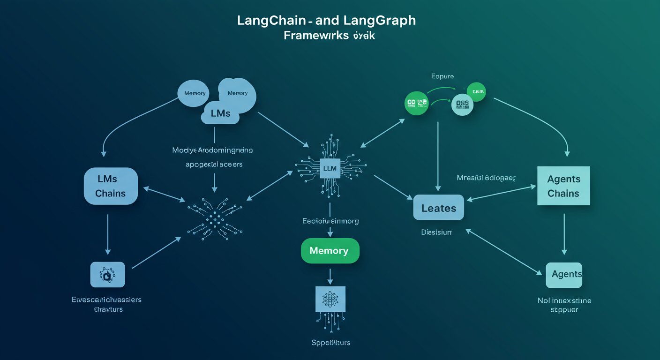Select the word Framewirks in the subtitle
(316, 36)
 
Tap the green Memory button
(330, 251)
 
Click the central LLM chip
(330, 168)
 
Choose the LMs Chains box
(111, 186)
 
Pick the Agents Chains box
(563, 186)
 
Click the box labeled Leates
(438, 208)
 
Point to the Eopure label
(442, 76)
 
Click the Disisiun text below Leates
(436, 232)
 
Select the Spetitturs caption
(330, 343)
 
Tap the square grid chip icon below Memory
(330, 299)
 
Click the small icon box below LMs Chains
(107, 275)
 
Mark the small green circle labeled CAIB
(476, 92)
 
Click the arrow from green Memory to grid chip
(330, 275)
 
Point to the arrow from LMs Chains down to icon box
(108, 234)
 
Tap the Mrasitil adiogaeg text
(486, 178)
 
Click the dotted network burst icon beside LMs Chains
(214, 217)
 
